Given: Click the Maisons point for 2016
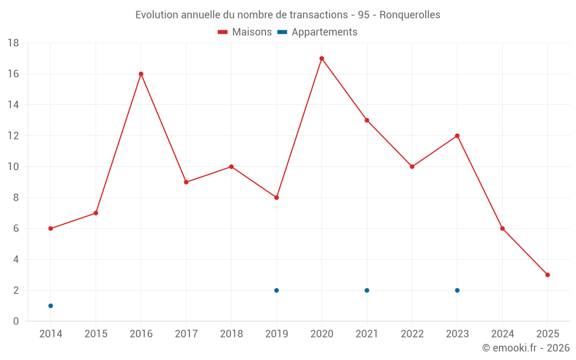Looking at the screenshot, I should [x=141, y=74].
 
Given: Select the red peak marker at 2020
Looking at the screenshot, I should [x=321, y=58].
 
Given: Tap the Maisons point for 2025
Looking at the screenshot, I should [x=547, y=275].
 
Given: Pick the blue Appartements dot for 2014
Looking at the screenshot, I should [x=51, y=306].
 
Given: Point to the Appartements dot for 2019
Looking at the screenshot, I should [x=276, y=290].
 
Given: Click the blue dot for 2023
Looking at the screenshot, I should [x=457, y=290].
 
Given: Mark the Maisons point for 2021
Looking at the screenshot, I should [x=367, y=120].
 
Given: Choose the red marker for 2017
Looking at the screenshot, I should [x=186, y=182].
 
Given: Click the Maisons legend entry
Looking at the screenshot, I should [x=245, y=32].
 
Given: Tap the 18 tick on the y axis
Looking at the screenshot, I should [x=13, y=43].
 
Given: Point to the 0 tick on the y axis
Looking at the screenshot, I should [x=16, y=321].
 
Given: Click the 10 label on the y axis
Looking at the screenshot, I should [x=13, y=167].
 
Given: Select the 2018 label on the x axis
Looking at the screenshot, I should [x=231, y=334].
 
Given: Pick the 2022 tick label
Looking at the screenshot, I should [x=412, y=334].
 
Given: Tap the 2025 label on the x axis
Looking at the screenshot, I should [x=547, y=334].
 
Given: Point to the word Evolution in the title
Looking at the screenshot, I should [x=157, y=15].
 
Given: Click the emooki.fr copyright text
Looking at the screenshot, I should [x=526, y=348].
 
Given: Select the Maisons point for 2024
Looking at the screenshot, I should [x=502, y=229].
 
